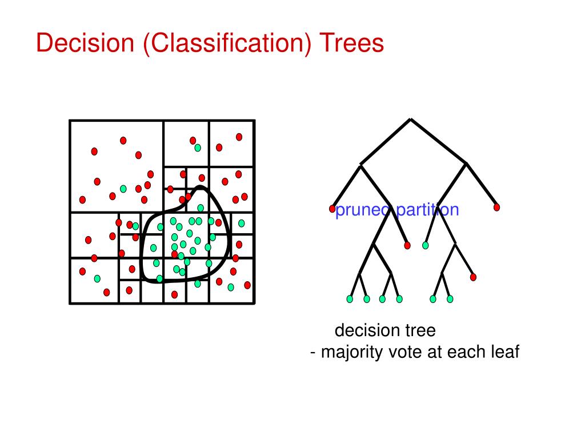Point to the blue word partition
coord(428,210)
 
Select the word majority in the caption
coord(351,352)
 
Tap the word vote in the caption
coord(405,352)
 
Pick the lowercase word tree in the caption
coord(421,330)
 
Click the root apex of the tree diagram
coord(410,119)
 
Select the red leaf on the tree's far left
coord(332,209)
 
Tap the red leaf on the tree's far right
coord(496,207)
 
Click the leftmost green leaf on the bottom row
coord(350,299)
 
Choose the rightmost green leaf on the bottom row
coord(450,299)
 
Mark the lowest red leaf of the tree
coord(473,277)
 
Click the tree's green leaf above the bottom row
coord(425,245)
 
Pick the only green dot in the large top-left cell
coord(123,189)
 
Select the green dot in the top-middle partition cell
coord(198,147)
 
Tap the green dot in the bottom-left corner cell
coord(97,278)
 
